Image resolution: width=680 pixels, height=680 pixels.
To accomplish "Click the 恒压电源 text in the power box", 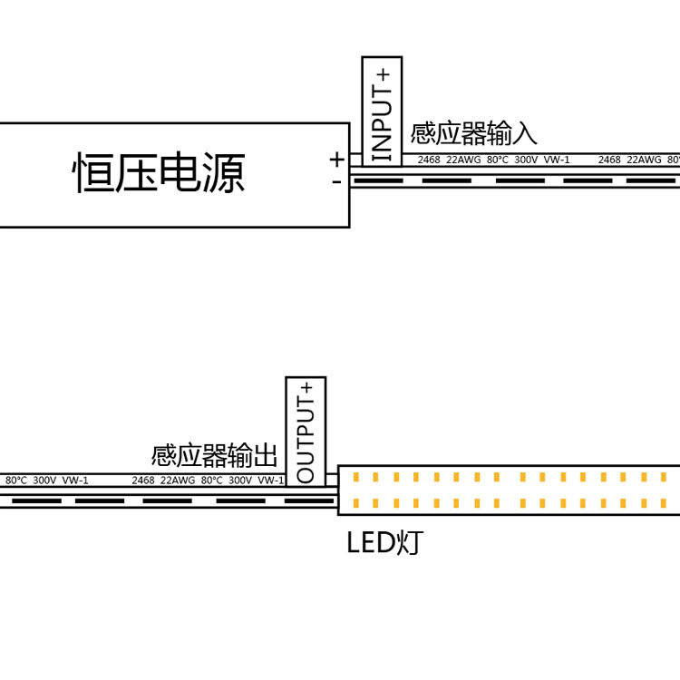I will tap(159, 174).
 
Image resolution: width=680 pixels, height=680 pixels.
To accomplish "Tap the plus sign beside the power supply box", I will tap(336, 160).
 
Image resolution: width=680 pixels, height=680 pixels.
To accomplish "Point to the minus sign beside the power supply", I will tap(336, 181).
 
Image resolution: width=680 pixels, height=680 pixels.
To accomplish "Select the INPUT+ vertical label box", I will tap(382, 111).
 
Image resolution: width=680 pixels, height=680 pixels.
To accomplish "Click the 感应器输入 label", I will tap(474, 134).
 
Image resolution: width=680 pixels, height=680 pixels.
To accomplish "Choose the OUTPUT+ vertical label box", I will tap(306, 431).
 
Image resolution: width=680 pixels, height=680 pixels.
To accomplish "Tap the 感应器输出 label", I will tap(215, 454).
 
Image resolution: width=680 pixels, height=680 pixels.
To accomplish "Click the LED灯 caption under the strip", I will tap(384, 543).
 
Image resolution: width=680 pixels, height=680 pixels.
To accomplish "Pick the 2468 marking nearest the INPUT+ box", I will tap(428, 160).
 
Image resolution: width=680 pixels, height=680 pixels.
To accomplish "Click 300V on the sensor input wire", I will tap(526, 160).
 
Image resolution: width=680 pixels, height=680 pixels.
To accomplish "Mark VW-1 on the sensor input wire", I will tap(557, 160).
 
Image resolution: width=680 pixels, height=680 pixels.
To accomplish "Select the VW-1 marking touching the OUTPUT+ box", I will tap(270, 480).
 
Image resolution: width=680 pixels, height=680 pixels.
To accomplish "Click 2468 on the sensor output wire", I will tap(143, 480).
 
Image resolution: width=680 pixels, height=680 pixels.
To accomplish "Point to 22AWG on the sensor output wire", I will tap(178, 480).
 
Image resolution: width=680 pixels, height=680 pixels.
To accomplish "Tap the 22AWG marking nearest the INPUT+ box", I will tap(463, 160).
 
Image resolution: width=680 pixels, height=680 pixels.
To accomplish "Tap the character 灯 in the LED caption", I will tap(409, 543).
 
